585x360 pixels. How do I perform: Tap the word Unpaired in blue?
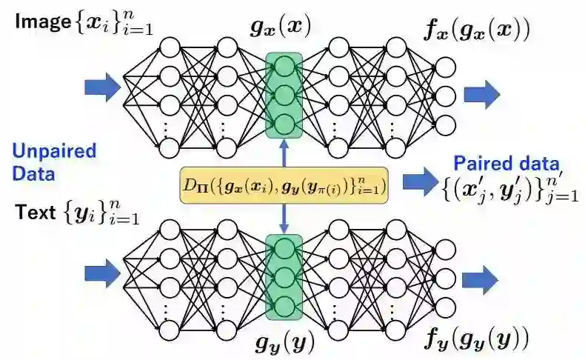click(x=53, y=152)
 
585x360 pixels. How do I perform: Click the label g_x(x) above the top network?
click(x=284, y=28)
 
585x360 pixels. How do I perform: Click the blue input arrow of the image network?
click(x=101, y=87)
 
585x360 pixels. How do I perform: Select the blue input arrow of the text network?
click(x=101, y=273)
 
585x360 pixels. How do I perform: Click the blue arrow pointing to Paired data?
click(x=421, y=180)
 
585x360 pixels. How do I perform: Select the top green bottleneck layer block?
click(x=284, y=94)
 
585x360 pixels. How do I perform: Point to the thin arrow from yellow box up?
click(x=284, y=153)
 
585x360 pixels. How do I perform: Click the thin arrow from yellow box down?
click(x=284, y=218)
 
